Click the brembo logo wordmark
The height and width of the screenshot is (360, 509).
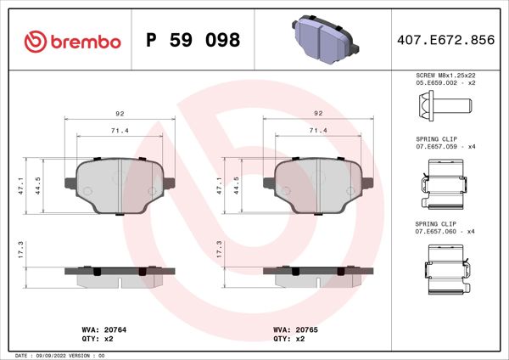73,40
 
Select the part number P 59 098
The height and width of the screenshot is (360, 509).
193,40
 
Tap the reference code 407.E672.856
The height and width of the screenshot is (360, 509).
445,40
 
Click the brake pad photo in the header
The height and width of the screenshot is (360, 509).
323,38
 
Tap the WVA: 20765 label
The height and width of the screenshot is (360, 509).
294,329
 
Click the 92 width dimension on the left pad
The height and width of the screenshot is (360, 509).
120,113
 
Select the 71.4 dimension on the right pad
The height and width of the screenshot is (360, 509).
318,131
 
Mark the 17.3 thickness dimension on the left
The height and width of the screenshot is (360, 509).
31,248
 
